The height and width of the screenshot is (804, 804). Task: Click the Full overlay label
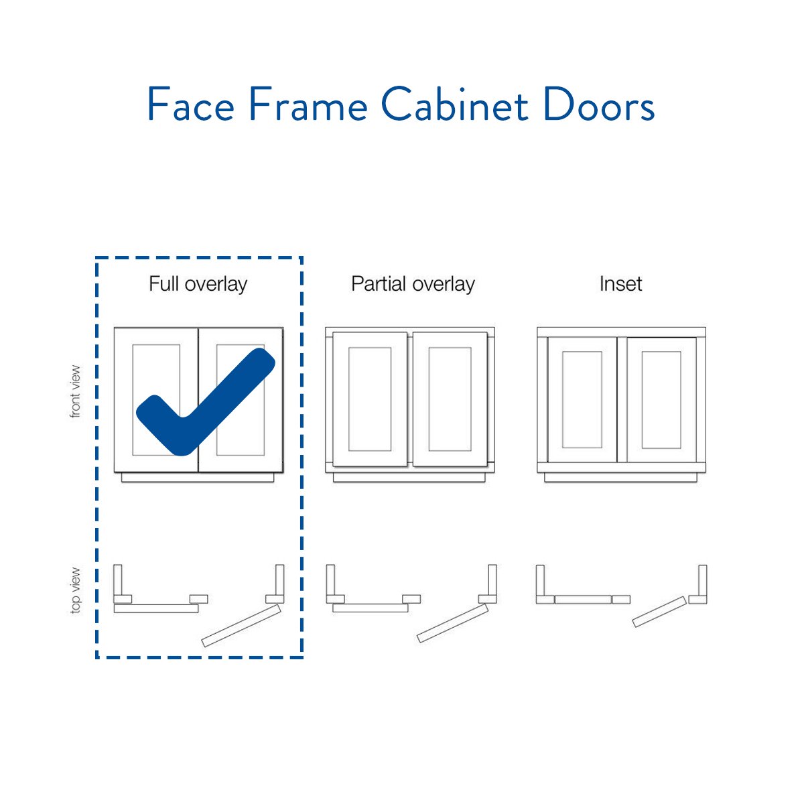pyautogui.click(x=198, y=284)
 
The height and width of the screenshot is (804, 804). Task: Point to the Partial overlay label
pyautogui.click(x=413, y=284)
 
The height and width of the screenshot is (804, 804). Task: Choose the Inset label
pyautogui.click(x=621, y=284)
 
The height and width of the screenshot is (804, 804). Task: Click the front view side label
pyautogui.click(x=75, y=391)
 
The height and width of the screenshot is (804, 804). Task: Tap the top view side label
pyautogui.click(x=75, y=591)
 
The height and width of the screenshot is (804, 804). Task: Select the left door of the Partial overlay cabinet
pyautogui.click(x=370, y=399)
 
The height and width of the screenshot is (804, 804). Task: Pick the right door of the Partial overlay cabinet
pyautogui.click(x=450, y=399)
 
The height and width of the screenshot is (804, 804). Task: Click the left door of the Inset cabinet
pyautogui.click(x=582, y=400)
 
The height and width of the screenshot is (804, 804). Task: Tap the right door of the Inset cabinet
pyautogui.click(x=661, y=400)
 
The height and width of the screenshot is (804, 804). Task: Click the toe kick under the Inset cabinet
pyautogui.click(x=620, y=477)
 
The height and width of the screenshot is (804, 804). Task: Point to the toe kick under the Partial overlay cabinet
pyautogui.click(x=409, y=477)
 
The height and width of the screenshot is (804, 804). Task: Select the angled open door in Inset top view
pyautogui.click(x=659, y=612)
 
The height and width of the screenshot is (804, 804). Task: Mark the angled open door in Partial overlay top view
pyautogui.click(x=453, y=623)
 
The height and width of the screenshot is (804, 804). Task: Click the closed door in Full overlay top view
pyautogui.click(x=156, y=608)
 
